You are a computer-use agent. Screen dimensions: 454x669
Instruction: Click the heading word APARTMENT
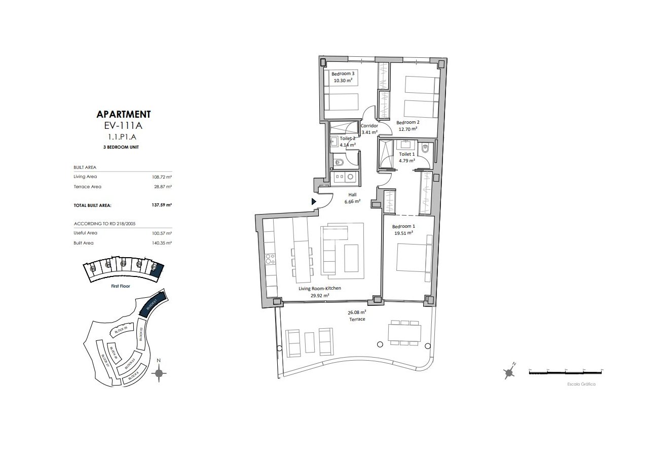click(123, 115)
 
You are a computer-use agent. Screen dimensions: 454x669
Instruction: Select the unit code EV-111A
click(123, 126)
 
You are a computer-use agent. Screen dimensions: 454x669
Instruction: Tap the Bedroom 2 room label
click(407, 123)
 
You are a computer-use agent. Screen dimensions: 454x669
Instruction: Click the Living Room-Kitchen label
click(319, 289)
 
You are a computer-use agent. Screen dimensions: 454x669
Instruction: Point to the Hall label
click(352, 195)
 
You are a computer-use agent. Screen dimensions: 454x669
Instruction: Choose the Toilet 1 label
click(406, 154)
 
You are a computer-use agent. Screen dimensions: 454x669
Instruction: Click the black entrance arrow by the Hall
click(314, 202)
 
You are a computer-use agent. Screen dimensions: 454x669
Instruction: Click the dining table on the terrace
click(404, 333)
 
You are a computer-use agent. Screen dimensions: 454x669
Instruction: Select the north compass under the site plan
click(159, 374)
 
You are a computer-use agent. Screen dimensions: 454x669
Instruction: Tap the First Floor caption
click(121, 286)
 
